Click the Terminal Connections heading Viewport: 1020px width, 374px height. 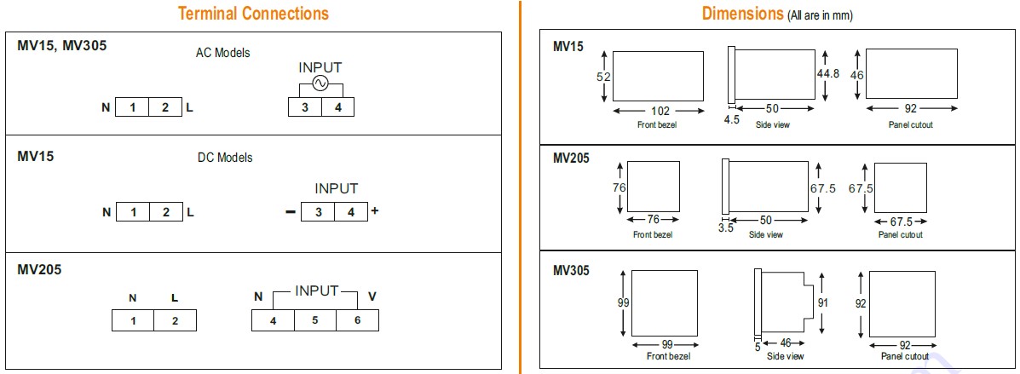pos(253,14)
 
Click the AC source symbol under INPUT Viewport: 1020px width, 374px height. pos(320,83)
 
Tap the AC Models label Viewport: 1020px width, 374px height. pos(222,54)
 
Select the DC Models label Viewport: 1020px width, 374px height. pos(224,158)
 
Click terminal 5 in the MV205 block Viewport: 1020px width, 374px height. pos(314,320)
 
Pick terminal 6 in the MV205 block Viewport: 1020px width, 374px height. pos(357,320)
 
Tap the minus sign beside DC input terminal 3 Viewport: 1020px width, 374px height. pos(290,212)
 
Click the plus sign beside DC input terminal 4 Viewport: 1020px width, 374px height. pos(374,210)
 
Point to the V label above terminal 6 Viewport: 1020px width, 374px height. pos(372,296)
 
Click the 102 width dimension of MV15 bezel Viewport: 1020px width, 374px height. pos(660,111)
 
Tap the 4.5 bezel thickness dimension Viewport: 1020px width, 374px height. pos(732,119)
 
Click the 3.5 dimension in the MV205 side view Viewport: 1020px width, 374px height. pos(726,227)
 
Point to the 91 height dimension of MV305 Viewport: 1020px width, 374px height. pos(823,302)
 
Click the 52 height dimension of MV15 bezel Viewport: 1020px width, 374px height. pos(603,77)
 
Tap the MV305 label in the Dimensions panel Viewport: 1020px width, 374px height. pos(571,271)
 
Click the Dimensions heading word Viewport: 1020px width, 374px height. pos(742,14)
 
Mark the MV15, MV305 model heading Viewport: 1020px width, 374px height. pos(62,46)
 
